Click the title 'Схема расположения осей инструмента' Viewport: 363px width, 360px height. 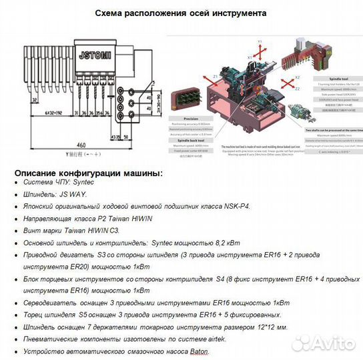click(x=181, y=13)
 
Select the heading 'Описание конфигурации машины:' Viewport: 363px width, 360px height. click(x=88, y=173)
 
